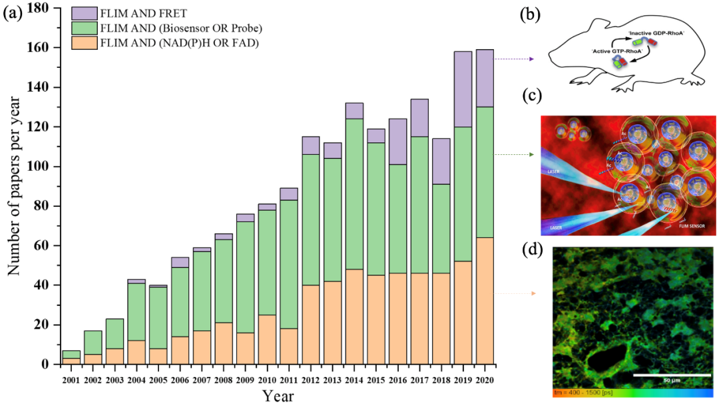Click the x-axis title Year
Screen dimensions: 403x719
[x=278, y=395]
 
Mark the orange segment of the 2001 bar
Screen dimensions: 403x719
[x=72, y=361]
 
